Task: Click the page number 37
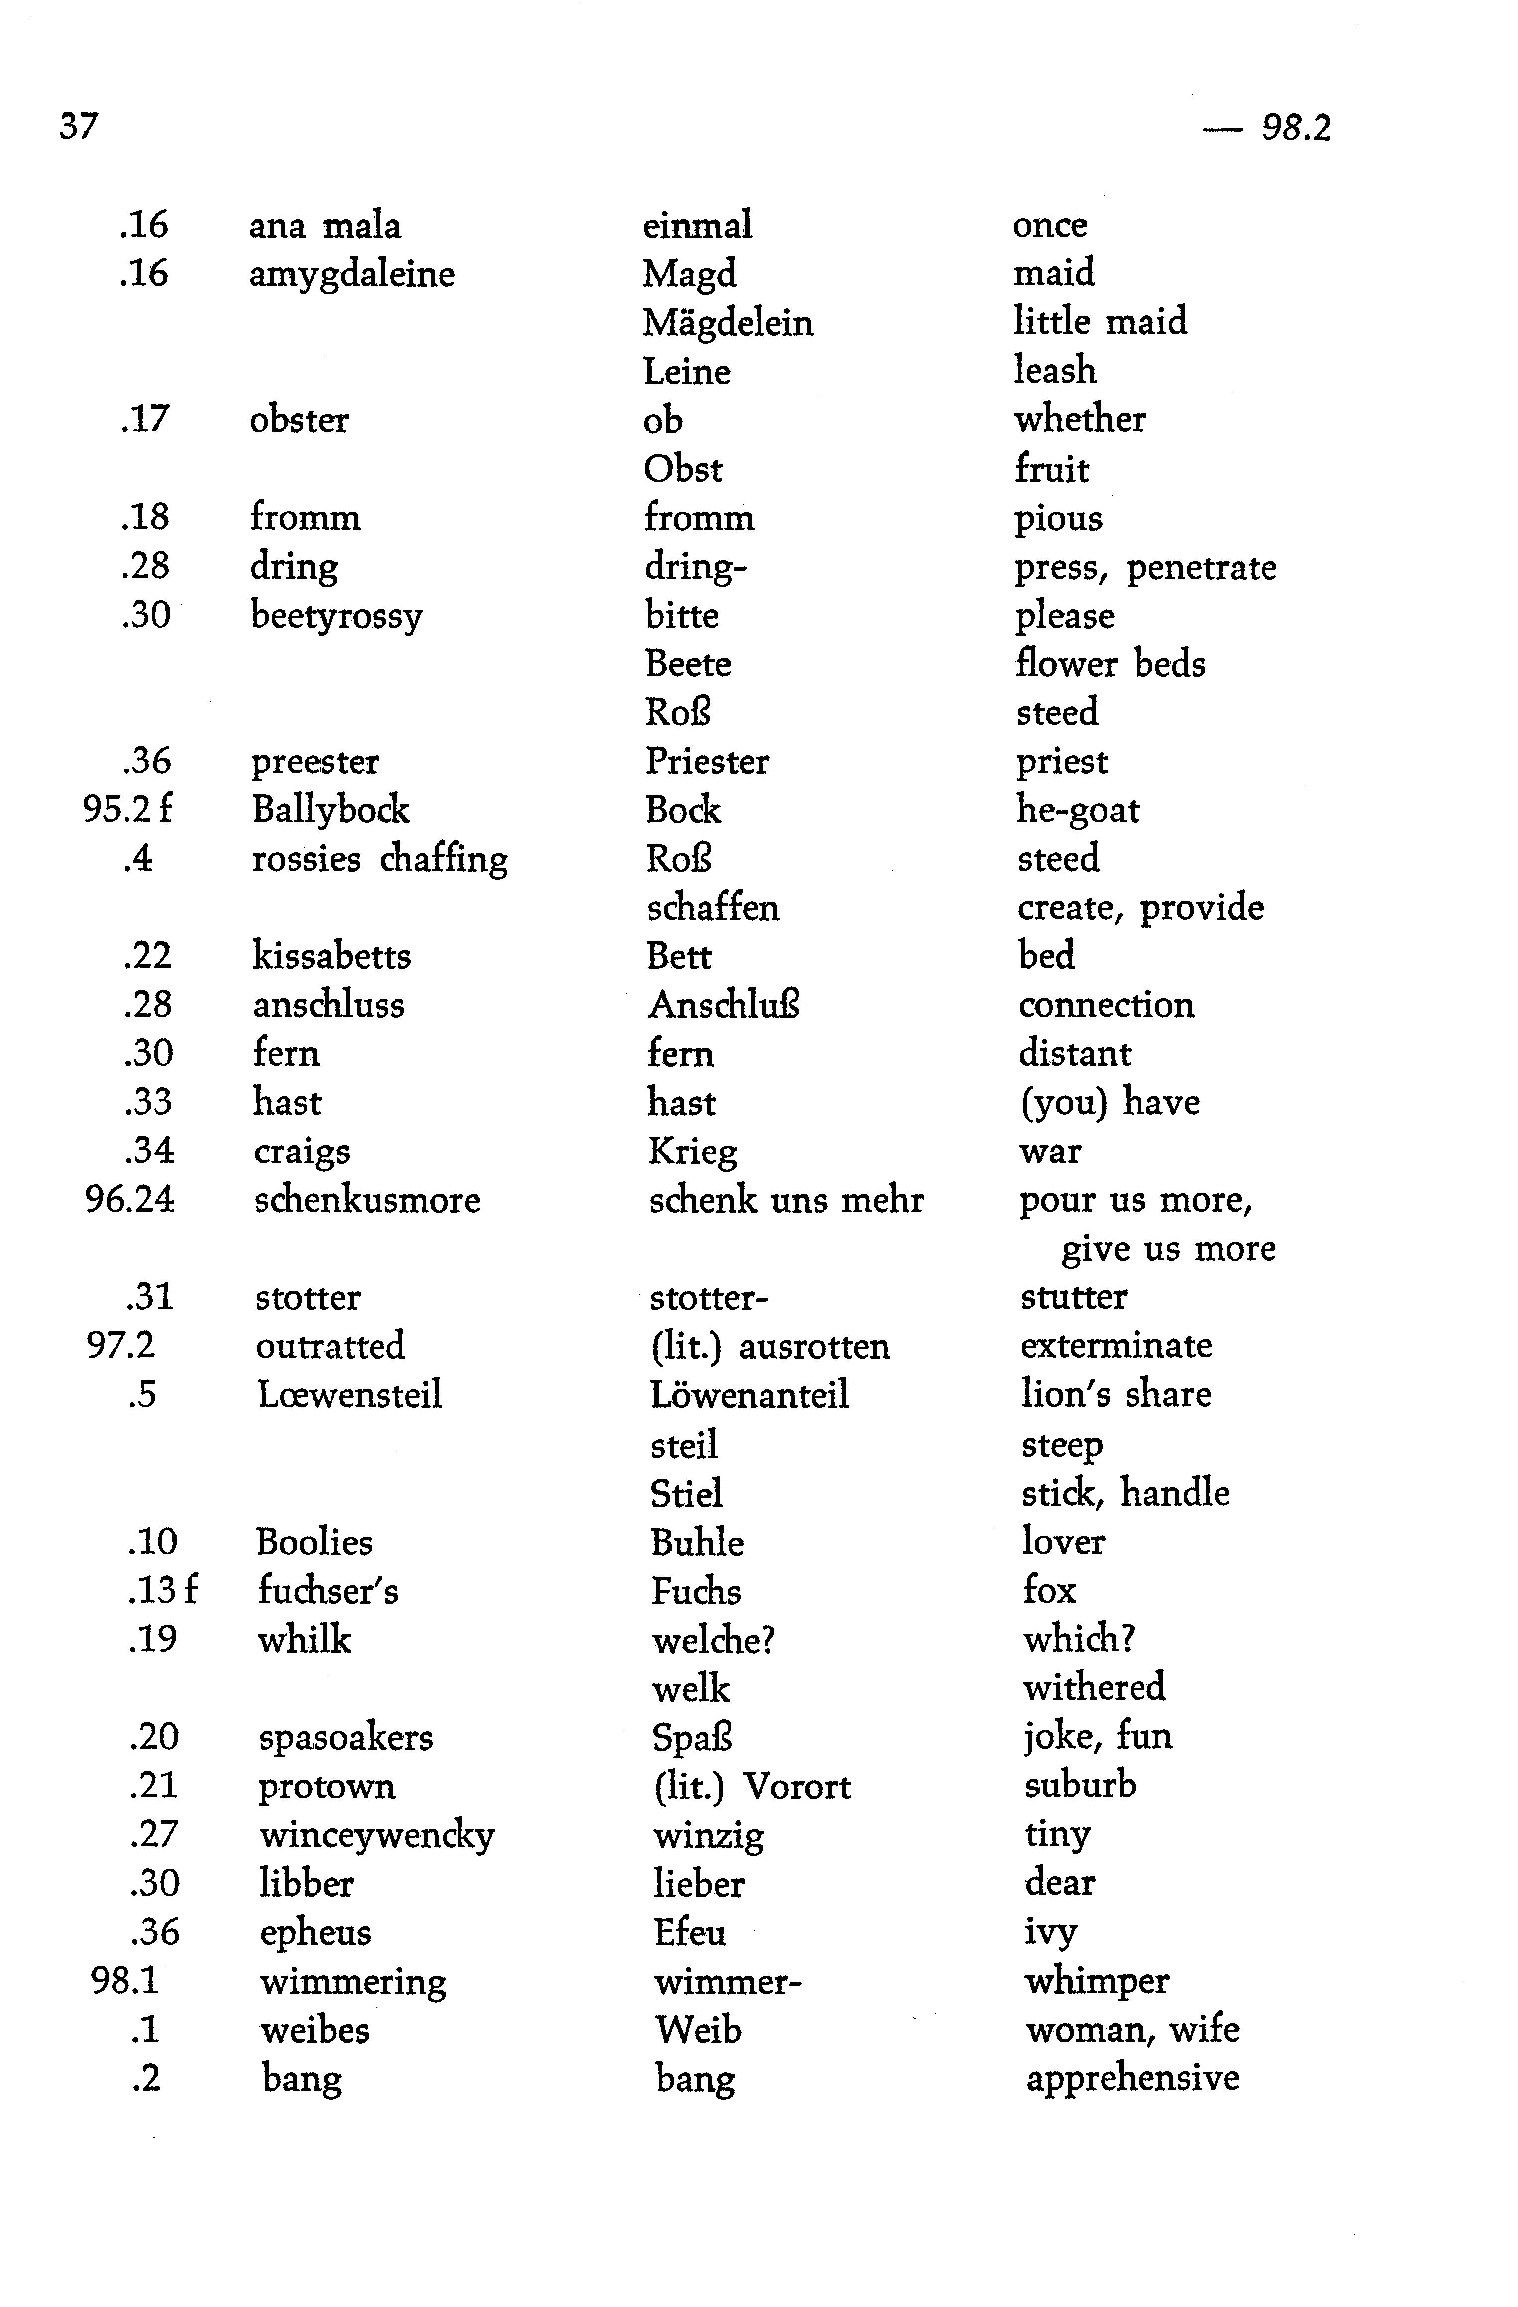[x=79, y=126]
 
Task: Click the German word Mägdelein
[x=728, y=323]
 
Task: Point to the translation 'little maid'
[x=1100, y=322]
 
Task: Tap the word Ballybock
[x=331, y=810]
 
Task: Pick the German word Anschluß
[x=724, y=1005]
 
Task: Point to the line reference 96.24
[x=130, y=1200]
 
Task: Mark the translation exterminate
[x=1117, y=1346]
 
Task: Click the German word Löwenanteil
[x=750, y=1396]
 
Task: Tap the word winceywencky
[x=377, y=1835]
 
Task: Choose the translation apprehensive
[x=1132, y=2078]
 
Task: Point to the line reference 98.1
[x=125, y=1980]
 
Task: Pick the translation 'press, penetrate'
[x=1145, y=568]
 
